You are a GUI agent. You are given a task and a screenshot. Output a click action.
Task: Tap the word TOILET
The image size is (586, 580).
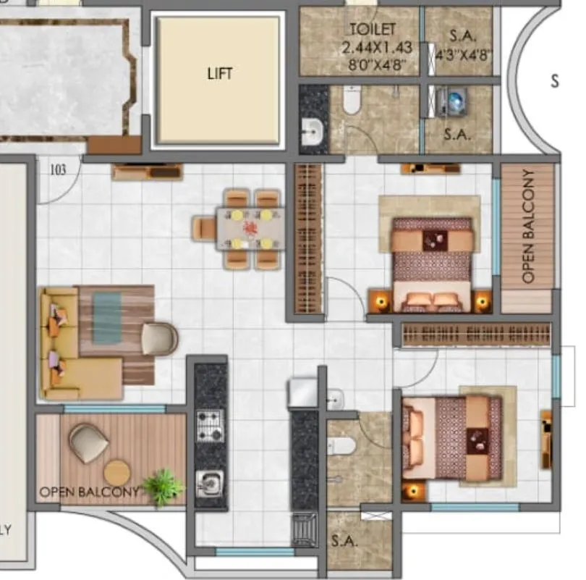(x=373, y=30)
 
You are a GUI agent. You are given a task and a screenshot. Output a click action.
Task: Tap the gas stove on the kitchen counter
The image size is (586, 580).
(x=211, y=425)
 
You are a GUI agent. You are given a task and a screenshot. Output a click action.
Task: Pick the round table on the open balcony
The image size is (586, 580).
(x=117, y=473)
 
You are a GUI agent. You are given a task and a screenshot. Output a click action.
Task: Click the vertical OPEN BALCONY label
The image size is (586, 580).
(x=528, y=226)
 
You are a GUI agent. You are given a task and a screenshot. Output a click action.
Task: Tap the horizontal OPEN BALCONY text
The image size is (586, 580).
(x=88, y=492)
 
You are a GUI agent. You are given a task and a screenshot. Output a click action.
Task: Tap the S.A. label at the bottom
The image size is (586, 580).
(x=341, y=540)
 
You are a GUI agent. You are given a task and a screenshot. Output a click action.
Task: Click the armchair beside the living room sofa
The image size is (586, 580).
(x=159, y=339)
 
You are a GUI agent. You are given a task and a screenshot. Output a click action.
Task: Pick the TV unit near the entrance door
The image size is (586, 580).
(x=148, y=172)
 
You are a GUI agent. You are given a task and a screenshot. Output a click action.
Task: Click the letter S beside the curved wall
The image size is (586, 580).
(x=554, y=80)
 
